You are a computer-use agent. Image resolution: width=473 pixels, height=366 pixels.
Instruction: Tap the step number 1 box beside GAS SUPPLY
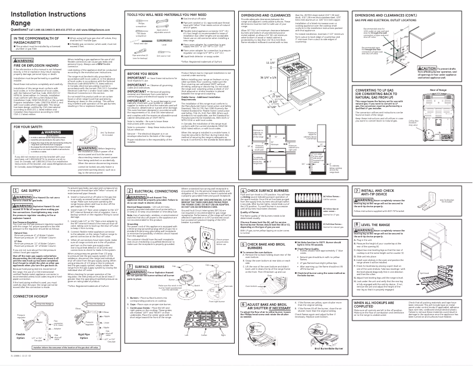15,192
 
